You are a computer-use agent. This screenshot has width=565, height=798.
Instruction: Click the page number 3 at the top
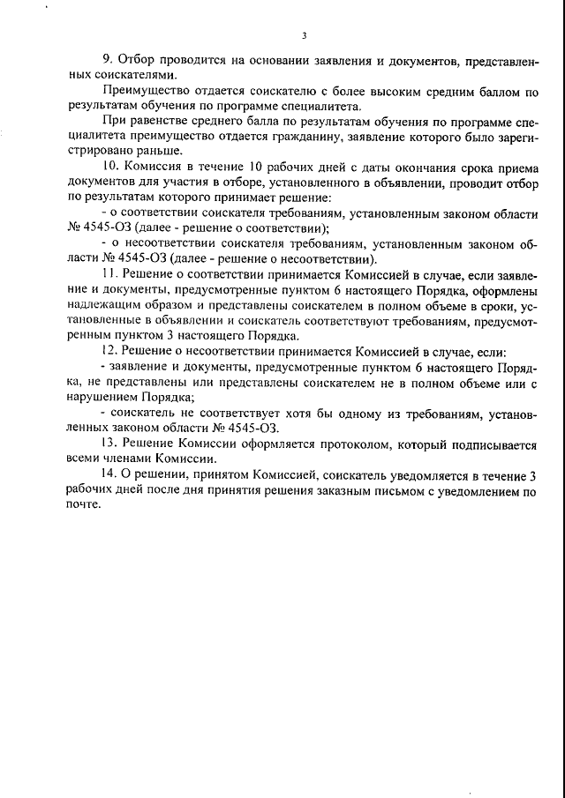pyautogui.click(x=303, y=36)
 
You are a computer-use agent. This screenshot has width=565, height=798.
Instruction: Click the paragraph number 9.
pyautogui.click(x=105, y=59)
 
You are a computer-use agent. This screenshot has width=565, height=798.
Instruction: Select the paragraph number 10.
pyautogui.click(x=109, y=167)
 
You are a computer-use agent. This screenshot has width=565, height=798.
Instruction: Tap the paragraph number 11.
pyautogui.click(x=109, y=276)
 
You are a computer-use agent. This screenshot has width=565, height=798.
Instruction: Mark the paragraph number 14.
pyautogui.click(x=109, y=476)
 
